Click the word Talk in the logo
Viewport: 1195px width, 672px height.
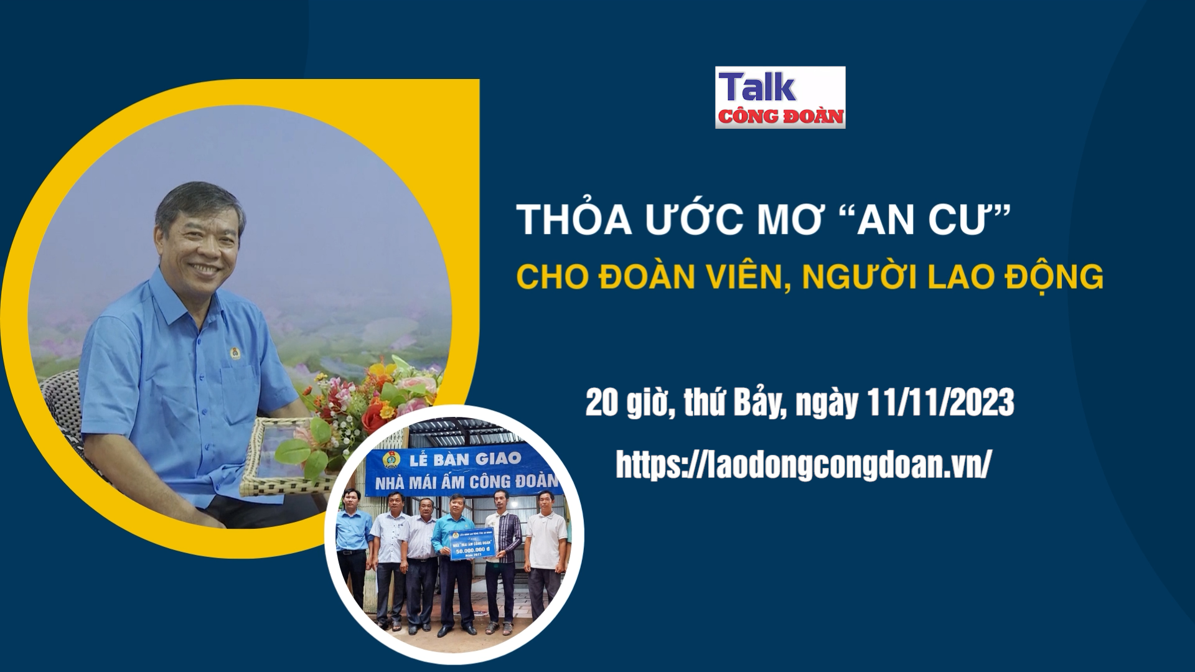757,88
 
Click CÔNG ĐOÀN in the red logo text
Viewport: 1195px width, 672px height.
781,116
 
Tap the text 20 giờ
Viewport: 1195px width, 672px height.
629,403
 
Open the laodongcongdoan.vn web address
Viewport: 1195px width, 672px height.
802,465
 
